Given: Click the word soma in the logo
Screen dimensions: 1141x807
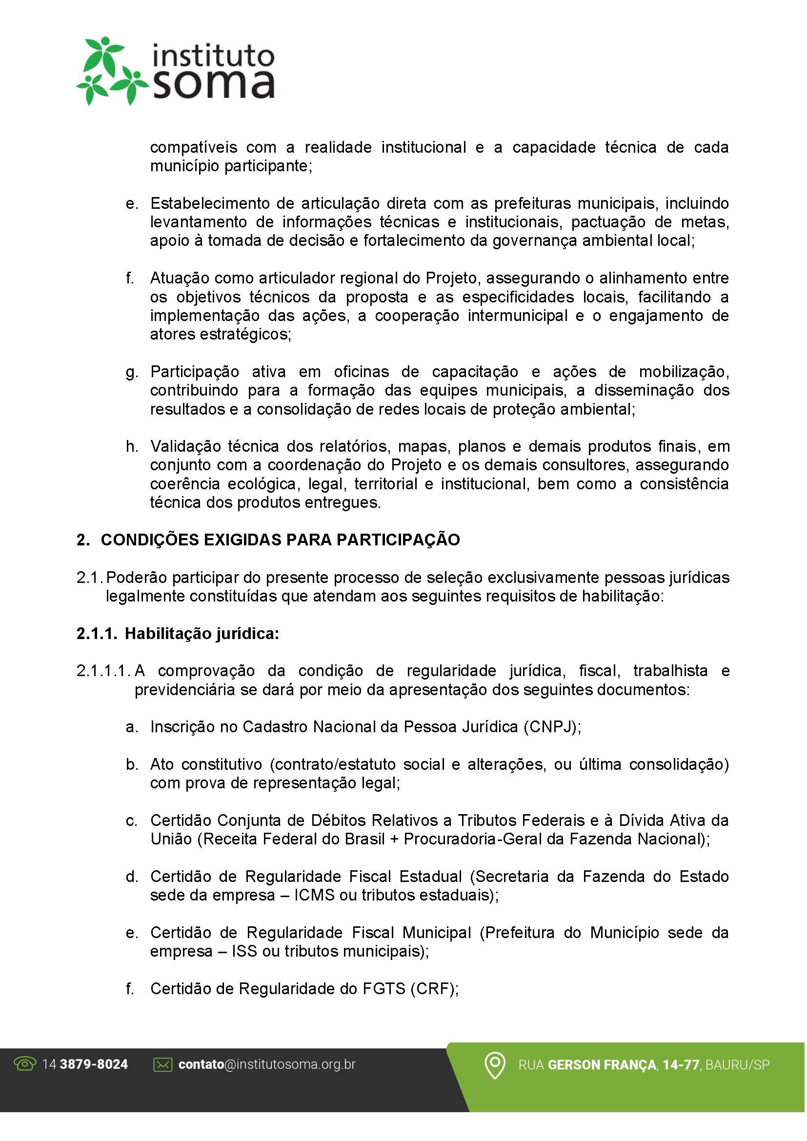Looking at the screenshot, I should [x=213, y=84].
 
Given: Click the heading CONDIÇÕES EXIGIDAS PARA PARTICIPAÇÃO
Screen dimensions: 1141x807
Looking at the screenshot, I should [x=280, y=540].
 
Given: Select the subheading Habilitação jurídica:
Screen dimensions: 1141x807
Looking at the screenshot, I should [x=202, y=634].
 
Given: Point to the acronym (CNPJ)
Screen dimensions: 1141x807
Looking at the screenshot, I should [x=552, y=727].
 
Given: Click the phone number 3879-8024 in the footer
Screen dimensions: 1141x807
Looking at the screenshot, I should [x=93, y=1064].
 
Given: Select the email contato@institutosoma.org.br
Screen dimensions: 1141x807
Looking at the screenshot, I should [x=267, y=1064].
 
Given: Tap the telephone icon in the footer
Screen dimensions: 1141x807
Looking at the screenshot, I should [x=25, y=1064].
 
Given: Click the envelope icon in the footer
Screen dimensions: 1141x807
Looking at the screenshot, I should [x=162, y=1064].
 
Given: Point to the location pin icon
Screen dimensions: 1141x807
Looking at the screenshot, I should [x=494, y=1065].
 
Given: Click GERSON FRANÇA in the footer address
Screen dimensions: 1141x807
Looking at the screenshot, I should [x=602, y=1065].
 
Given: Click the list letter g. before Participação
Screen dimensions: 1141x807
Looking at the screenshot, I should [x=132, y=372].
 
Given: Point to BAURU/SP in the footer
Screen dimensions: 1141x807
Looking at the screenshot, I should [x=737, y=1065].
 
